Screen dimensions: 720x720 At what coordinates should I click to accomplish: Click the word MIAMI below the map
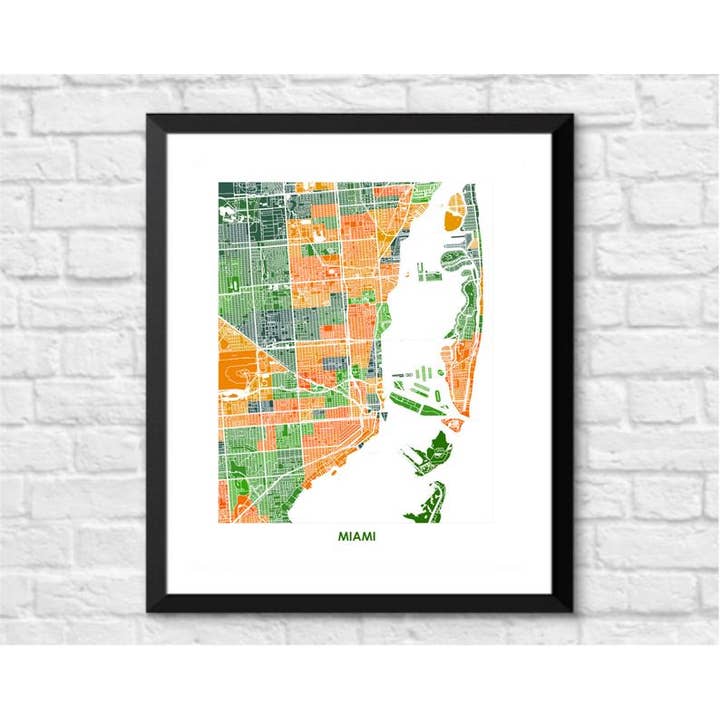pyautogui.click(x=357, y=537)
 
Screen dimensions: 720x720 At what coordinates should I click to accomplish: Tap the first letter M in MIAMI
pyautogui.click(x=343, y=537)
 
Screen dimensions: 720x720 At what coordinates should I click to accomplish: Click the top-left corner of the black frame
pyautogui.click(x=149, y=117)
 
